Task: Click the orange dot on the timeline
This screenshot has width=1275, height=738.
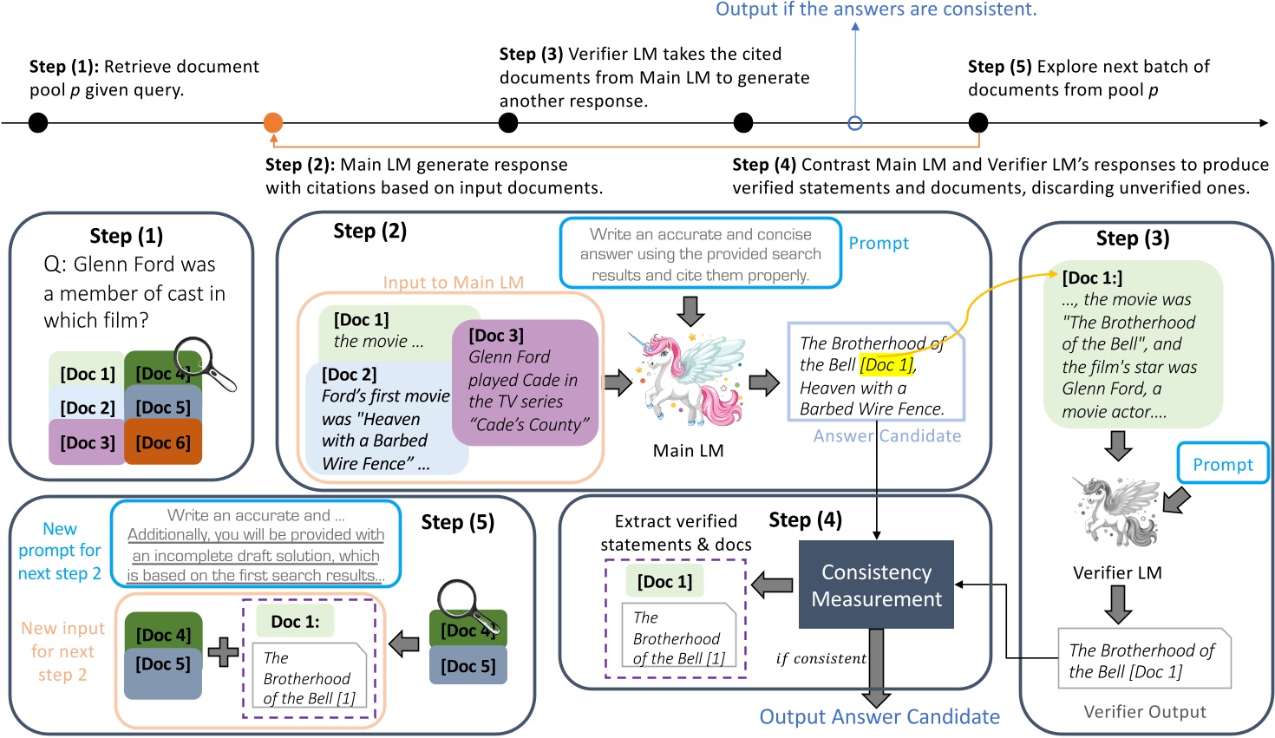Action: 273,122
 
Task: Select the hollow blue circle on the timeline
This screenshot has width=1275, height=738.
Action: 855,123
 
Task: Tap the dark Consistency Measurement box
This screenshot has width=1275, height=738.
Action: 876,585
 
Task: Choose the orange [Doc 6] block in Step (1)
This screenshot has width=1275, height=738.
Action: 163,442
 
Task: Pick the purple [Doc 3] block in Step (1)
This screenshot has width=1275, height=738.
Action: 87,442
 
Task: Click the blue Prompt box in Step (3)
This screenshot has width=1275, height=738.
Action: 1222,464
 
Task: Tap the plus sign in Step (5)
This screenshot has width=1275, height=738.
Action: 223,651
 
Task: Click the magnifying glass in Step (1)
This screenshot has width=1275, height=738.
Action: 205,362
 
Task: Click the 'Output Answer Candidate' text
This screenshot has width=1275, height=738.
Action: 879,717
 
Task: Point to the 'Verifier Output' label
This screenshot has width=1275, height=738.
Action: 1144,712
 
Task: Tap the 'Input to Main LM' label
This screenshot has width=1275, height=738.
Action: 453,283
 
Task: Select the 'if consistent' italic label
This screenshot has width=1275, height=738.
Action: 821,659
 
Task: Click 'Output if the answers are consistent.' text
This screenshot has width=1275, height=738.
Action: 876,10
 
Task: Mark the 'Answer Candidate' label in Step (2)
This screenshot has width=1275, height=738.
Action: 886,436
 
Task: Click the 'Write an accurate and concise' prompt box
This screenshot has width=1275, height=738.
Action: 701,254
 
